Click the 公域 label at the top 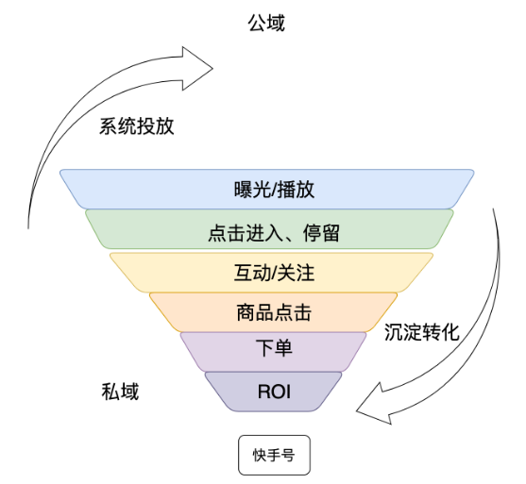pos(265,24)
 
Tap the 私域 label pos(120,392)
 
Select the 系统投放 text pos(137,127)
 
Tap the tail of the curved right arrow pos(494,212)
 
